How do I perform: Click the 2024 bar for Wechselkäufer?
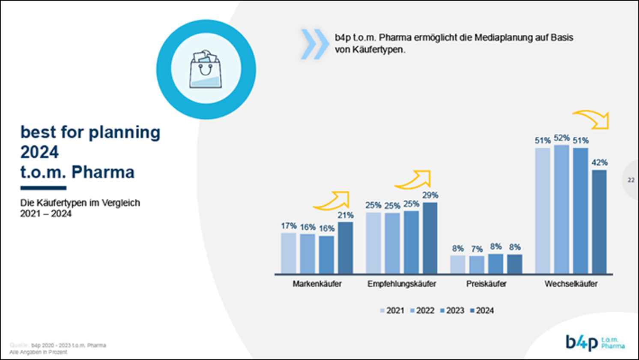(599, 222)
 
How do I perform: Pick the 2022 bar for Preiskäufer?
(477, 264)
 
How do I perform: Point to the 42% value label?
(599, 162)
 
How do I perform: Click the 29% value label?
(430, 195)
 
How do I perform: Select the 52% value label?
(561, 138)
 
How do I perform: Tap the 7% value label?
(477, 249)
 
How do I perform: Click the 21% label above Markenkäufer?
(345, 215)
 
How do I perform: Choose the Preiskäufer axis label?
(486, 284)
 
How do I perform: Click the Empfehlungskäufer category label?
(401, 284)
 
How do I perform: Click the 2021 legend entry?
(392, 311)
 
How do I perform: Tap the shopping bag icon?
(206, 69)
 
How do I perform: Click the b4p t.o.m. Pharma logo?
(594, 342)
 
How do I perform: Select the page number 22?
(631, 180)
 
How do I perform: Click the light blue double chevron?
(314, 44)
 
